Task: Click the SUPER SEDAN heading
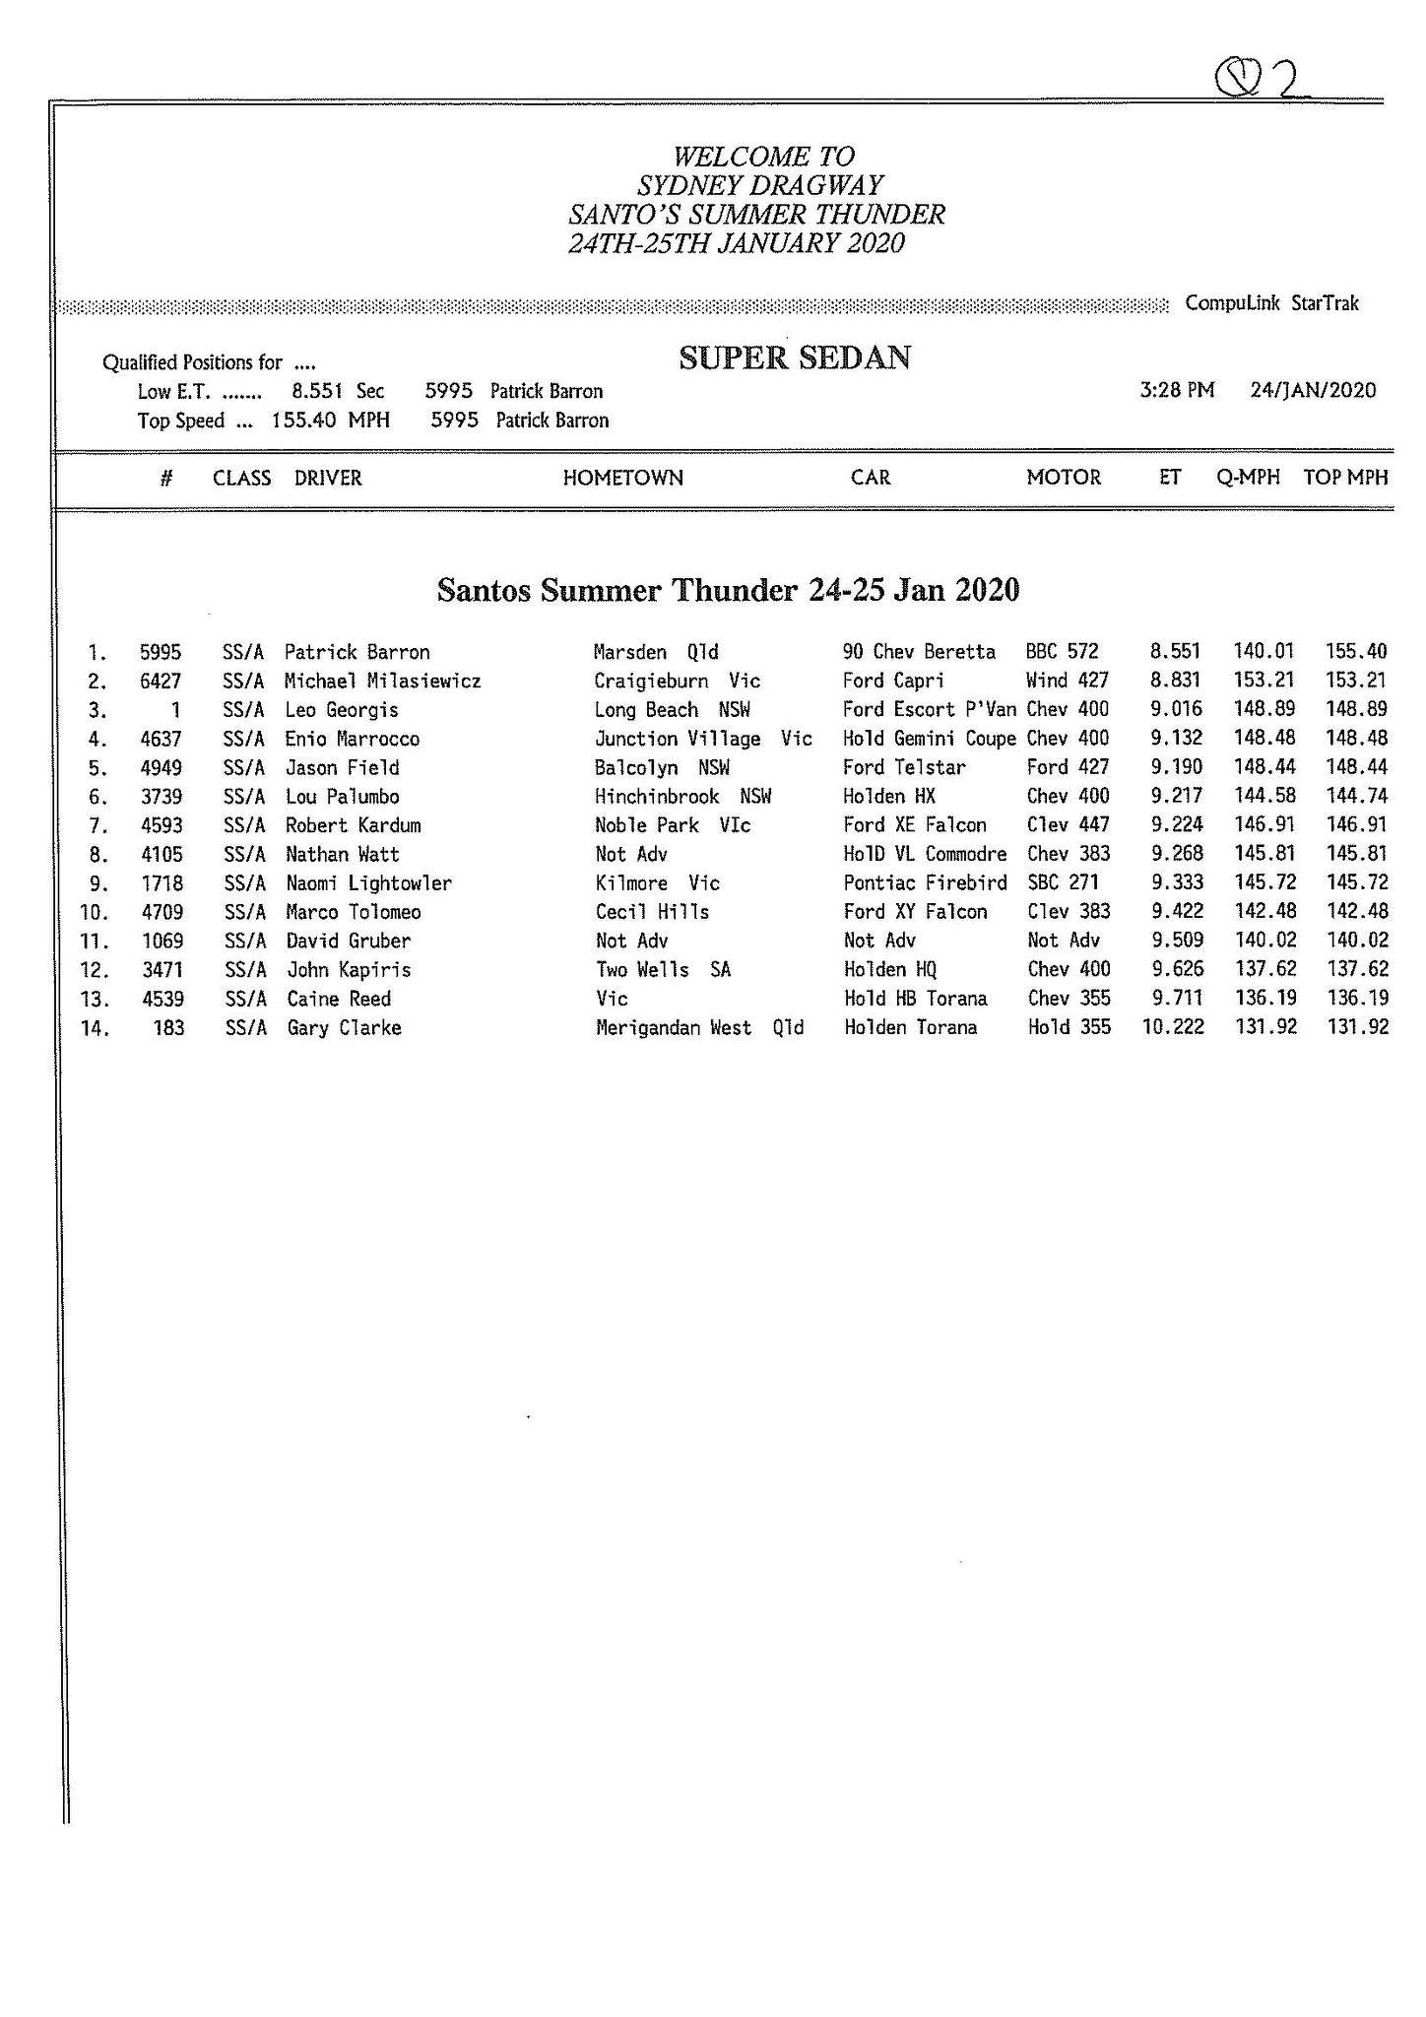794,358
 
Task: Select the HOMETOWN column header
622,479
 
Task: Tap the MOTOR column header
1063,478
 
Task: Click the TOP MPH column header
1345,478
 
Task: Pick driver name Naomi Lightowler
368,883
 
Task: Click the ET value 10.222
1172,1027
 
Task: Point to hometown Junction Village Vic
703,739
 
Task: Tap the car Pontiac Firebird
925,882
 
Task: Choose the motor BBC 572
1062,652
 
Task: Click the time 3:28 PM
1176,390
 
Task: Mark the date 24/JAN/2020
1312,390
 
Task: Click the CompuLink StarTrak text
1271,303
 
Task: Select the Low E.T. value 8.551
317,391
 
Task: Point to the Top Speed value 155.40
305,421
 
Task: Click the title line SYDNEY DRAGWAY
759,185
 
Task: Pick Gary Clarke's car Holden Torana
910,1027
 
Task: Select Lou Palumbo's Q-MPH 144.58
1264,796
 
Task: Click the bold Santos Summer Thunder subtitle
728,590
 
